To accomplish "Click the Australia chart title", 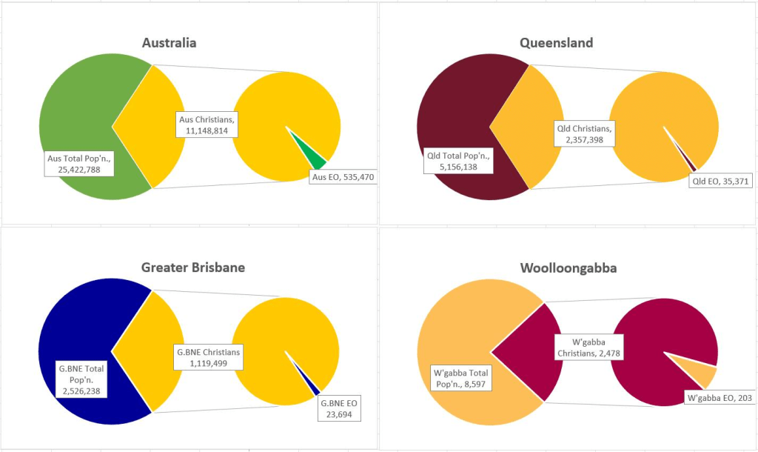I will [x=170, y=42].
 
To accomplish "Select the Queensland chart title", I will [x=556, y=42].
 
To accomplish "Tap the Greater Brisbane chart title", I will [x=193, y=267].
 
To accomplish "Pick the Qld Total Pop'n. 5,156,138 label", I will [x=459, y=162].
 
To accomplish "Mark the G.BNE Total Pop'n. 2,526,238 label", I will [x=81, y=379].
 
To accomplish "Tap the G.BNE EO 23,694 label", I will [x=340, y=409].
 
